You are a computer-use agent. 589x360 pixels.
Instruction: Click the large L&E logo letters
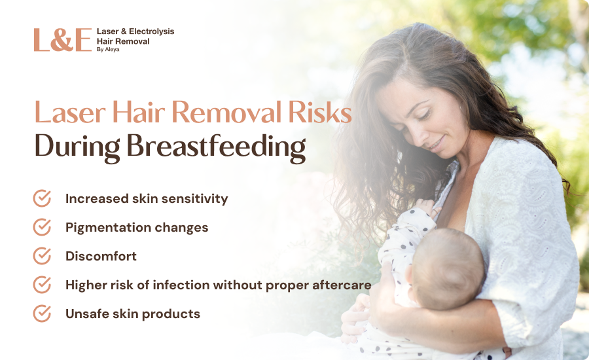pyautogui.click(x=63, y=39)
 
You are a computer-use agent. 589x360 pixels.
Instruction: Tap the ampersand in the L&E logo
pyautogui.click(x=62, y=40)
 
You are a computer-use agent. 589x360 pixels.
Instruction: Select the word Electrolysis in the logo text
pyautogui.click(x=151, y=31)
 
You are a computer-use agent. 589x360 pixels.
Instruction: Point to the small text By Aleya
pyautogui.click(x=108, y=49)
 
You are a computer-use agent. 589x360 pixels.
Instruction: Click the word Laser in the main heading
pyautogui.click(x=70, y=113)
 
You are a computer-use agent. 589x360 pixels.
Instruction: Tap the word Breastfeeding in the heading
pyautogui.click(x=216, y=147)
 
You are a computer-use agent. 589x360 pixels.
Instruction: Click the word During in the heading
pyautogui.click(x=77, y=147)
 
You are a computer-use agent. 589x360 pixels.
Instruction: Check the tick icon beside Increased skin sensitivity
pyautogui.click(x=42, y=198)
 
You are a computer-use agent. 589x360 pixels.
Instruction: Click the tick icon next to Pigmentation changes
pyautogui.click(x=42, y=227)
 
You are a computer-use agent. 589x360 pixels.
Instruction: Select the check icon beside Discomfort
pyautogui.click(x=42, y=255)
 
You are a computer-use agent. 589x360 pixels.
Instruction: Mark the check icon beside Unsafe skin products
pyautogui.click(x=42, y=314)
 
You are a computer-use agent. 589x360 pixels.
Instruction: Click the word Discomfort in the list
pyautogui.click(x=101, y=256)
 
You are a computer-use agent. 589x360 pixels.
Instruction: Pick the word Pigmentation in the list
pyautogui.click(x=108, y=228)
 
